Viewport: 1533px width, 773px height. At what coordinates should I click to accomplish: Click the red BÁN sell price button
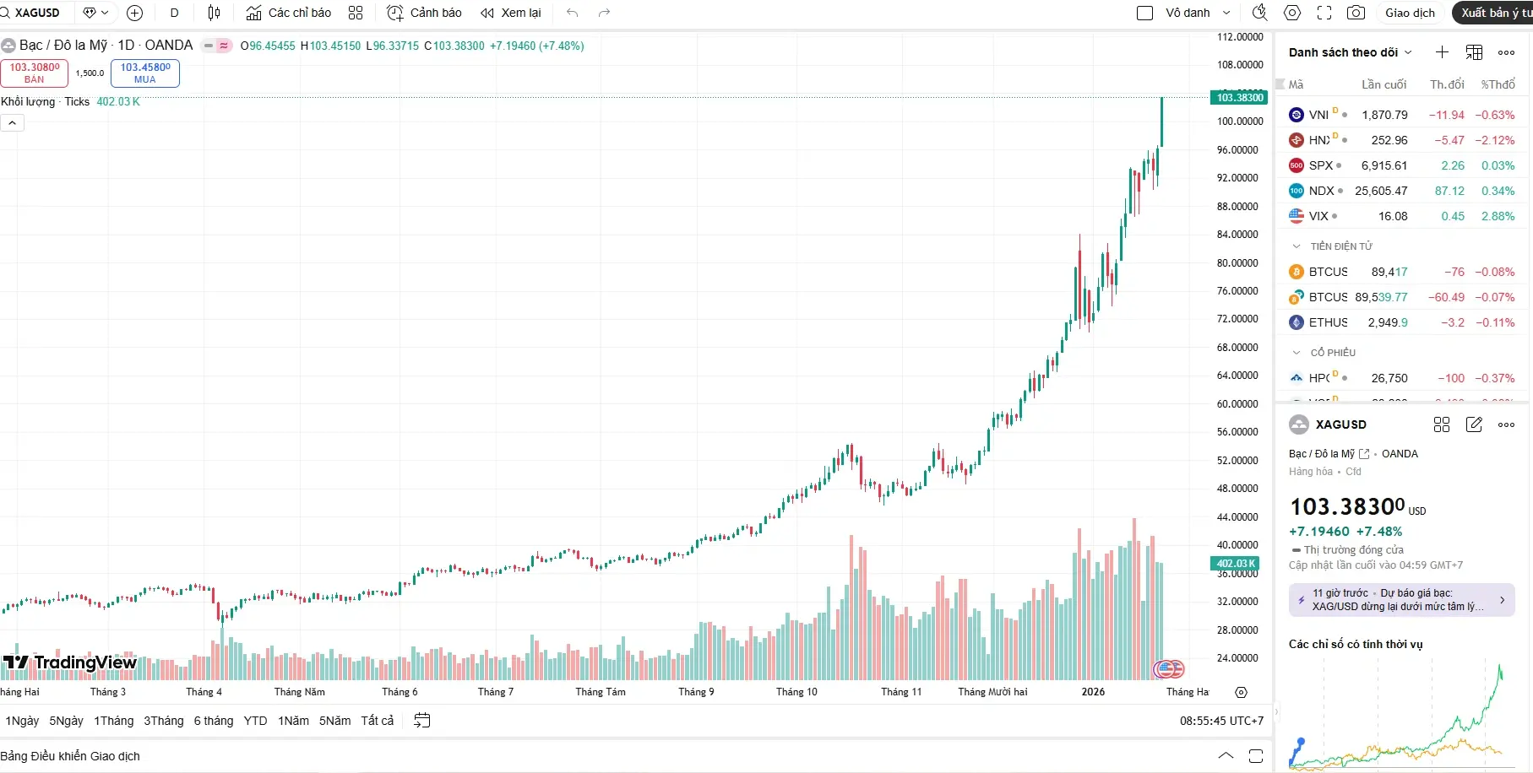(34, 73)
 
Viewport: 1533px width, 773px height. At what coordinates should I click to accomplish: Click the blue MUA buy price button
(144, 73)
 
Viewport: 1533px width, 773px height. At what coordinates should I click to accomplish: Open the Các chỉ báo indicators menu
(289, 13)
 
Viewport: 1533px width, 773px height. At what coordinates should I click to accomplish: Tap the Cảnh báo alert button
(424, 13)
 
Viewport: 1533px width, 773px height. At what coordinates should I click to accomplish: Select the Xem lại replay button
(511, 13)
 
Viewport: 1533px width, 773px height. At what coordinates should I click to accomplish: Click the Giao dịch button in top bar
(1410, 13)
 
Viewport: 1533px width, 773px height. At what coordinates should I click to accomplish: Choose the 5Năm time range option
(334, 721)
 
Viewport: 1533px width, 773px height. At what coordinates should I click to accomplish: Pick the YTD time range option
(255, 721)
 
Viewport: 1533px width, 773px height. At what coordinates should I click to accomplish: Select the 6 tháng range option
(213, 721)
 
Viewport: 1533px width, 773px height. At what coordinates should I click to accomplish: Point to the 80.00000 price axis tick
(1239, 262)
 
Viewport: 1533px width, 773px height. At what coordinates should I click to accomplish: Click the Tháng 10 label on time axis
(796, 692)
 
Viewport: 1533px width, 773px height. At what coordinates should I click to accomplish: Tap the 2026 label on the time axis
(1093, 692)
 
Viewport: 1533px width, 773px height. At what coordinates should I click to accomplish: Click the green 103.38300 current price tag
(1239, 98)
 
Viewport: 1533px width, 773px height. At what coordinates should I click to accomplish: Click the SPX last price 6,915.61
(1384, 165)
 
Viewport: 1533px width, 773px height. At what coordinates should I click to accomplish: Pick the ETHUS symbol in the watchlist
(1328, 322)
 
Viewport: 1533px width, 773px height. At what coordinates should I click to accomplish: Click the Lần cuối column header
(1384, 84)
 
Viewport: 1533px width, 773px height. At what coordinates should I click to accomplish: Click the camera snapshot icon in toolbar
(1356, 13)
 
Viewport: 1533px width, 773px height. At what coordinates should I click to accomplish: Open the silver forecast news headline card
(1400, 600)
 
